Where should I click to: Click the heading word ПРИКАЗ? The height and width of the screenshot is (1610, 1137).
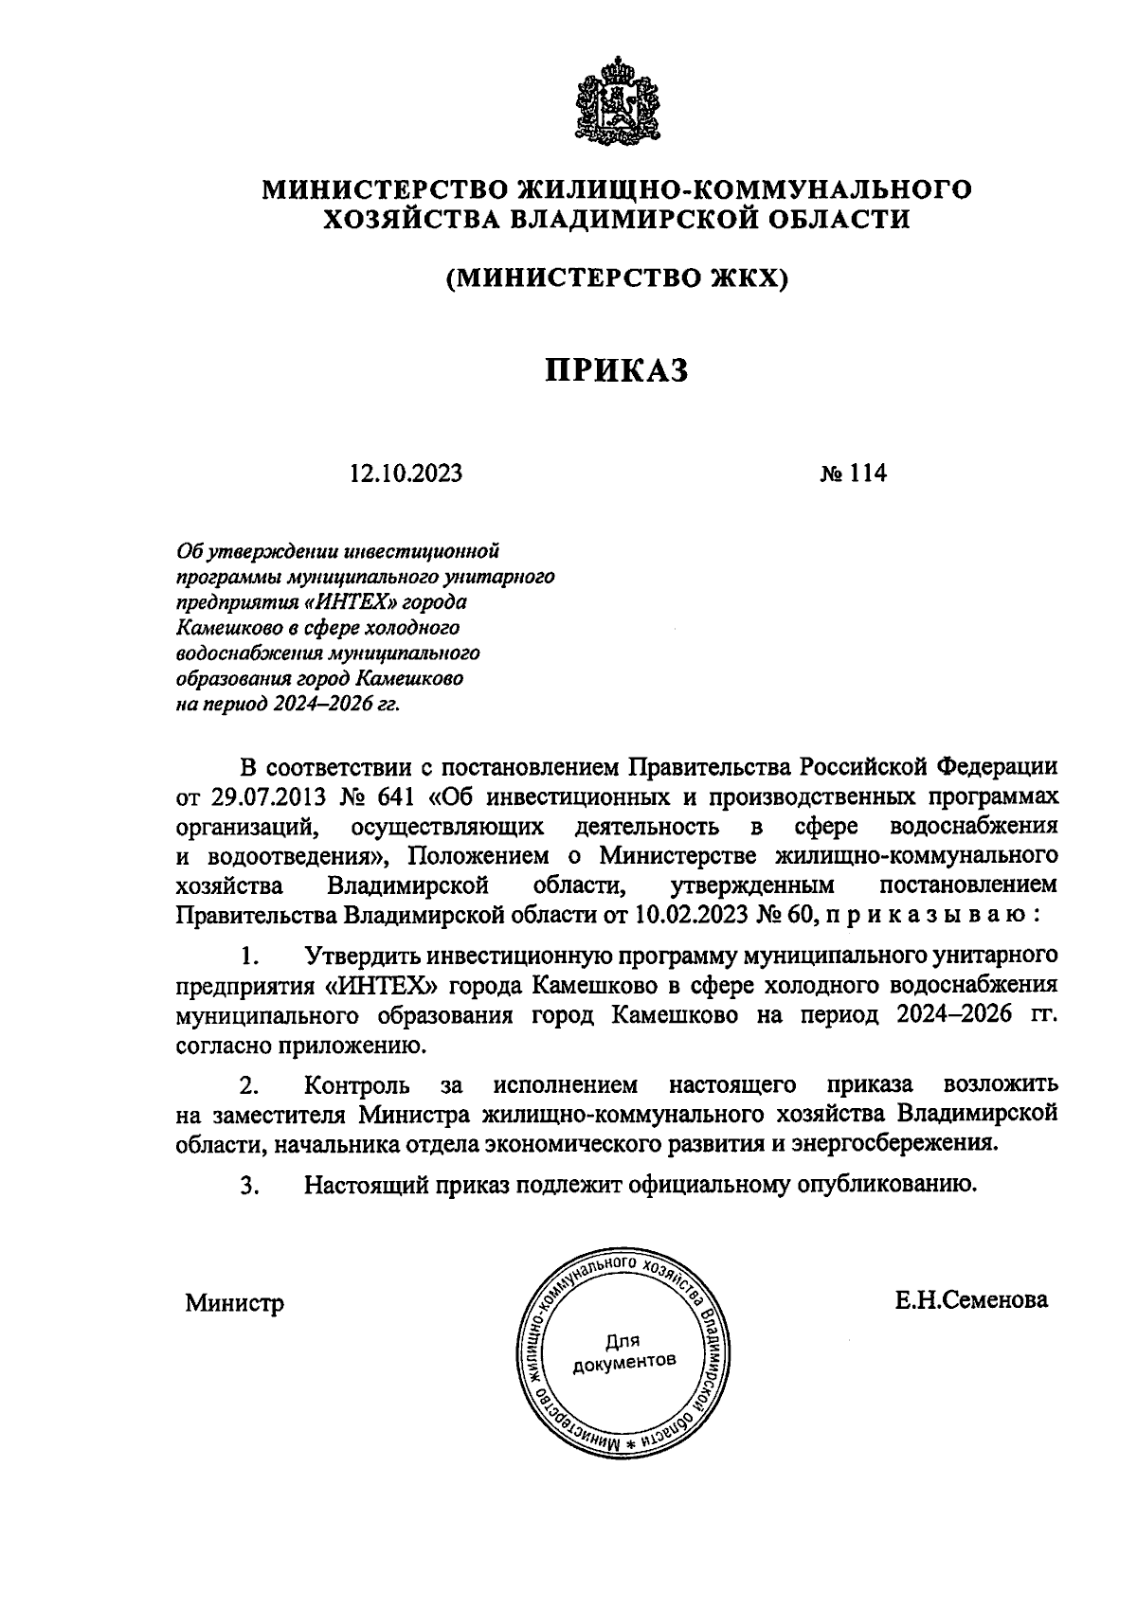point(616,370)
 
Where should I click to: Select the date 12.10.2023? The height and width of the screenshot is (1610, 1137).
point(405,473)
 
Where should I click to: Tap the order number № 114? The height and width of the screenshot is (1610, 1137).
point(852,473)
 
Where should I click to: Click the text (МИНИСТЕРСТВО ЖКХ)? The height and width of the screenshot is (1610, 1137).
point(617,278)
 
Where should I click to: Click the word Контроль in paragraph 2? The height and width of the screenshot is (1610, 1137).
point(356,1083)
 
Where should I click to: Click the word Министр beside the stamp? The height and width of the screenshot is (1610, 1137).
point(234,1302)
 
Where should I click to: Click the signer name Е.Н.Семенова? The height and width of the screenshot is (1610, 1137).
point(971,1300)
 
